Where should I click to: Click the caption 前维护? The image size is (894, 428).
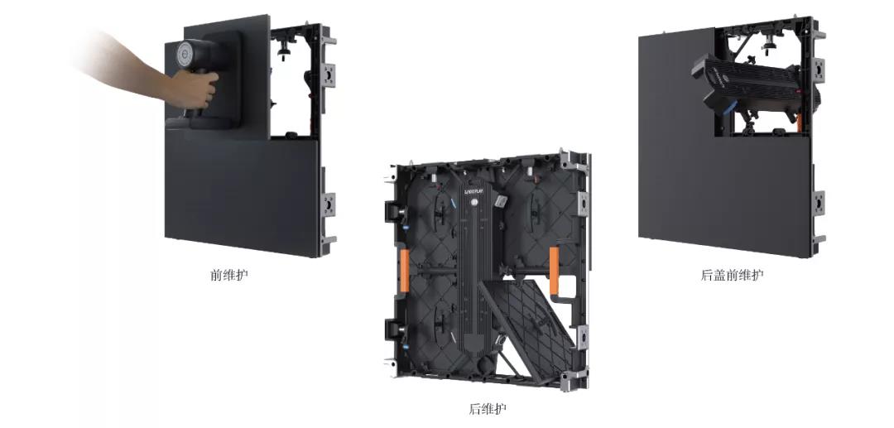pos(229,276)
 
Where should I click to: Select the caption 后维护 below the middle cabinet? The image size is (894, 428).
pos(488,409)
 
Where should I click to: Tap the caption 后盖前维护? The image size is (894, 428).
pos(732,276)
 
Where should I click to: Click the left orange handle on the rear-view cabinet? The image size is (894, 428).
pos(404,270)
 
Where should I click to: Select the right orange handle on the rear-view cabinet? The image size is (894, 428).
pos(554,271)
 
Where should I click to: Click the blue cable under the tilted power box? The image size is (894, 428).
pos(729,108)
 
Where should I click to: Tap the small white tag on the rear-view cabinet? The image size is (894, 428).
pos(501,201)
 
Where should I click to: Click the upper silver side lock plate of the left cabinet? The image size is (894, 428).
pos(329,75)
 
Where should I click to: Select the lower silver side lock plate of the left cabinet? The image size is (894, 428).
pos(329,204)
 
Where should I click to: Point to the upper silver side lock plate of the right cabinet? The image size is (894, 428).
pos(819,70)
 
